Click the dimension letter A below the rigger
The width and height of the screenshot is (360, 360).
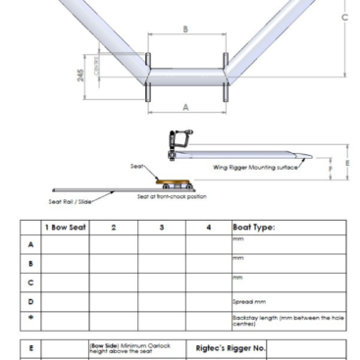point(185,107)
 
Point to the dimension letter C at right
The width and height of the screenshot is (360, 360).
point(344,18)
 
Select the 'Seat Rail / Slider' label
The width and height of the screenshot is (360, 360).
point(71,202)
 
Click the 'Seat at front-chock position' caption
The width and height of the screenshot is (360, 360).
point(172,196)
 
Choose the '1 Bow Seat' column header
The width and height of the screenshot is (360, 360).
point(66,227)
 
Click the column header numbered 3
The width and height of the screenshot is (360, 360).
point(161,227)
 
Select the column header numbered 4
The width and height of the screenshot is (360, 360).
point(208,227)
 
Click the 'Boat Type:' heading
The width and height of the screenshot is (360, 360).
point(254,227)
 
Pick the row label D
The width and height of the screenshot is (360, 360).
point(30,301)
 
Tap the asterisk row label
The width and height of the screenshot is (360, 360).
point(30,320)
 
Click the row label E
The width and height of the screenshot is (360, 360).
point(30,347)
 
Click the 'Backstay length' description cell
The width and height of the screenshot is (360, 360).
point(287,320)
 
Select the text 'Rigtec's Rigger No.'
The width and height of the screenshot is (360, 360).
point(231,347)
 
